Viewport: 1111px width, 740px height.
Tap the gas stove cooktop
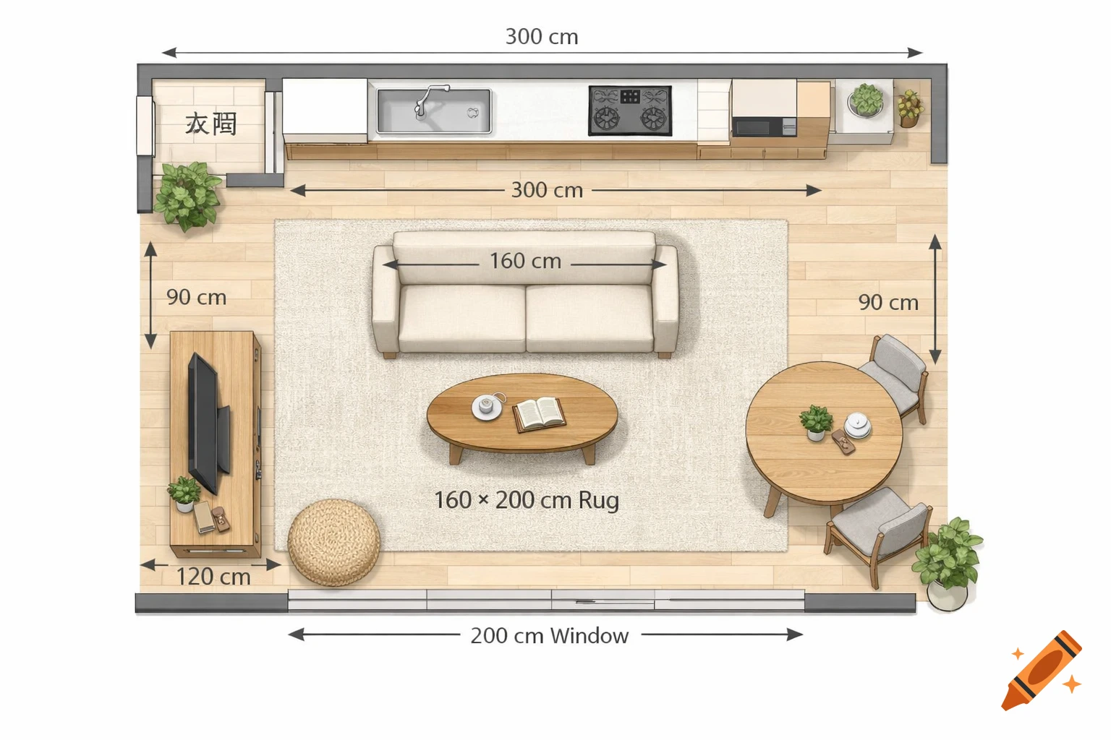coord(630,111)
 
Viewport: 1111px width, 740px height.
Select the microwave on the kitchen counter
coord(763,126)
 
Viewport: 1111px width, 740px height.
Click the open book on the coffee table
coord(539,414)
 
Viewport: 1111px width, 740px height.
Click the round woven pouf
coord(334,541)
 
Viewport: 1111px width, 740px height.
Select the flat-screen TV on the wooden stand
coord(206,423)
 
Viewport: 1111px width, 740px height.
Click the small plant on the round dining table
coord(816,421)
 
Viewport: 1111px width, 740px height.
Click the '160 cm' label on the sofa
coord(525,261)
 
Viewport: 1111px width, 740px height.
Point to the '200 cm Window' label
coord(549,636)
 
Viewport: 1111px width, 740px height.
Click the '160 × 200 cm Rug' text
coord(526,500)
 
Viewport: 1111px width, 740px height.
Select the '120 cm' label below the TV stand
coord(213,577)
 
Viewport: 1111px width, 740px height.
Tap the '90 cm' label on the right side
coord(887,303)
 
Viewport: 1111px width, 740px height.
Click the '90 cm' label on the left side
coord(196,297)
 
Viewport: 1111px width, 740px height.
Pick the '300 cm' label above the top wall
coord(541,37)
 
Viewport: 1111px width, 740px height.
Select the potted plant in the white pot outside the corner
coord(948,564)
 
